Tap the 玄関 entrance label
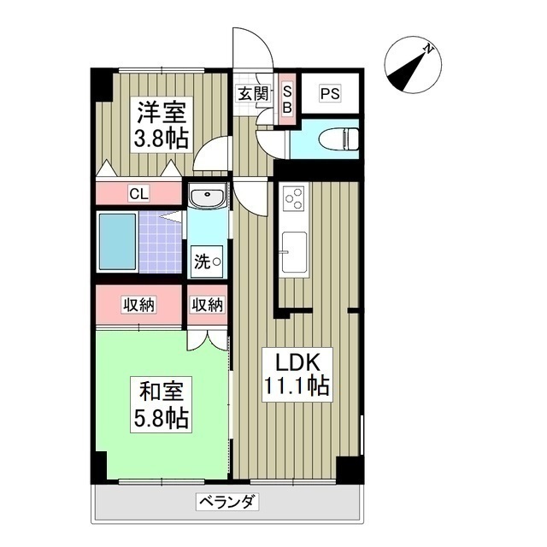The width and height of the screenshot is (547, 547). [253, 94]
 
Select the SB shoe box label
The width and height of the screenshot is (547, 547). [287, 99]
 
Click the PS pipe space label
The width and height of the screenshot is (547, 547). [330, 94]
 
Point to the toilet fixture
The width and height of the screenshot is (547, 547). [338, 138]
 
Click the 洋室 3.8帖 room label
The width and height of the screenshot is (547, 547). [159, 123]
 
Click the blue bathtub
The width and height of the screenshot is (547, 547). [118, 243]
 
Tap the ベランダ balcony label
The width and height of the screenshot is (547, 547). [226, 502]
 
